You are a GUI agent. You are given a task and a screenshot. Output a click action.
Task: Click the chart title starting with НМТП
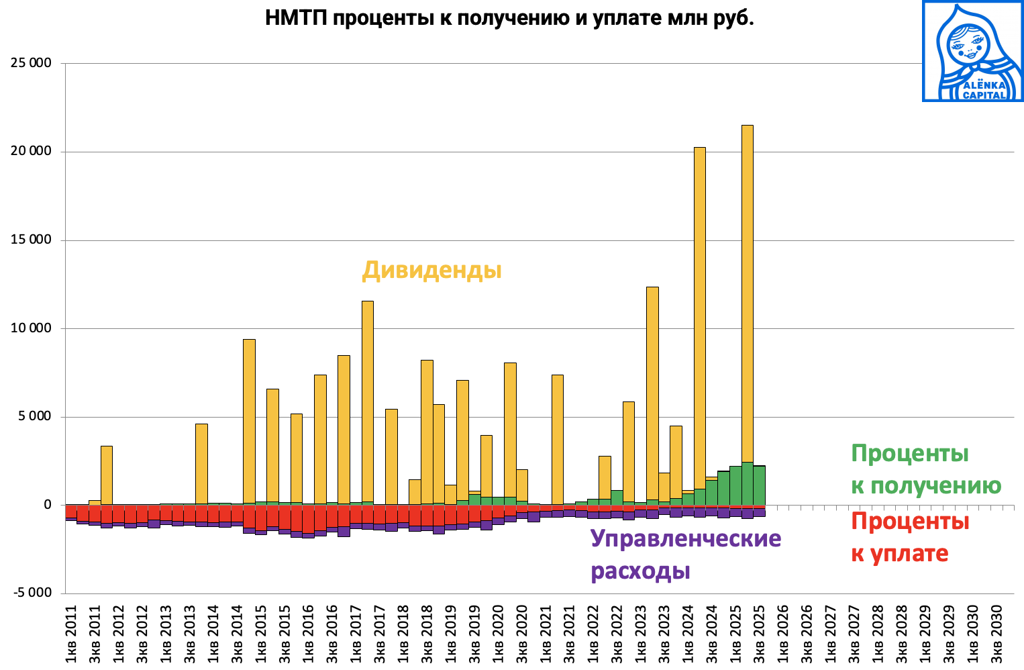pos(509,18)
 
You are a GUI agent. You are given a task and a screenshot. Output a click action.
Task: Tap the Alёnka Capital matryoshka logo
pos(972,51)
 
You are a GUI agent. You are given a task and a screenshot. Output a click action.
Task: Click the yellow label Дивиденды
pos(431,270)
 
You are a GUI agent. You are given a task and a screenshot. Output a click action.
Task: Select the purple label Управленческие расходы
pos(685,555)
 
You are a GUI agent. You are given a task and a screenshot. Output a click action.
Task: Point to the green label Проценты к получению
pos(925,469)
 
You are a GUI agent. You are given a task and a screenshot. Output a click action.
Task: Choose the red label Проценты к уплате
pos(909,537)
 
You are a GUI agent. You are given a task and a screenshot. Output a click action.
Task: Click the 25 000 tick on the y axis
pos(31,63)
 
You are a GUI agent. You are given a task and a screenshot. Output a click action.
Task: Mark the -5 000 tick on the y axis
pos(31,593)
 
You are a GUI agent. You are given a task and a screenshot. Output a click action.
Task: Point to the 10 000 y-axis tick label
pos(31,328)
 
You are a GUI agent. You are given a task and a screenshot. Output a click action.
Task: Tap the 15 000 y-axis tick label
pos(31,240)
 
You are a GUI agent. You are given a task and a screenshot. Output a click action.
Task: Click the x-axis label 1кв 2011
pos(71,635)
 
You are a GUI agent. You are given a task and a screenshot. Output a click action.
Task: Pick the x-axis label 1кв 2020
pos(498,635)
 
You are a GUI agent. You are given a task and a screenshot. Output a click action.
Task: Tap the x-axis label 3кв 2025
pos(759,635)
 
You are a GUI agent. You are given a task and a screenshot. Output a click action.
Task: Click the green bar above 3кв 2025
pos(759,485)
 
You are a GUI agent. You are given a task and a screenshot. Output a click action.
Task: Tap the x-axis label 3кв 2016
pos(332,635)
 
